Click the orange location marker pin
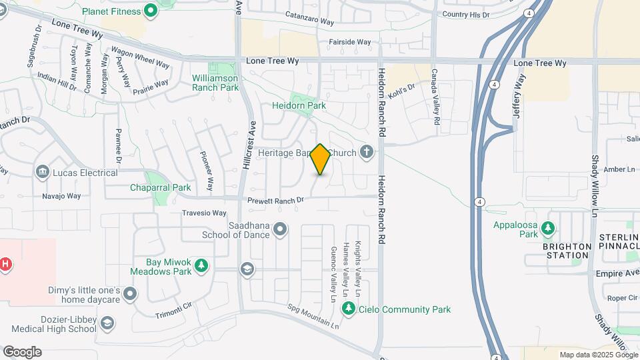click(321, 159)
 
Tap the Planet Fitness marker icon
click(151, 11)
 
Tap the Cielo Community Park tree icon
click(348, 309)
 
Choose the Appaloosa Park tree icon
click(548, 229)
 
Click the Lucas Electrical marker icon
click(43, 173)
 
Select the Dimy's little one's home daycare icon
click(130, 294)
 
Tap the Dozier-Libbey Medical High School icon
click(107, 324)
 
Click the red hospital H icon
click(6, 265)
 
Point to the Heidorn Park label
click(299, 105)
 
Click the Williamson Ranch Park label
click(215, 83)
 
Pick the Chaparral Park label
click(160, 187)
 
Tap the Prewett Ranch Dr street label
click(275, 199)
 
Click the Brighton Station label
click(567, 251)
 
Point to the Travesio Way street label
click(205, 213)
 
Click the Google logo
click(22, 352)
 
